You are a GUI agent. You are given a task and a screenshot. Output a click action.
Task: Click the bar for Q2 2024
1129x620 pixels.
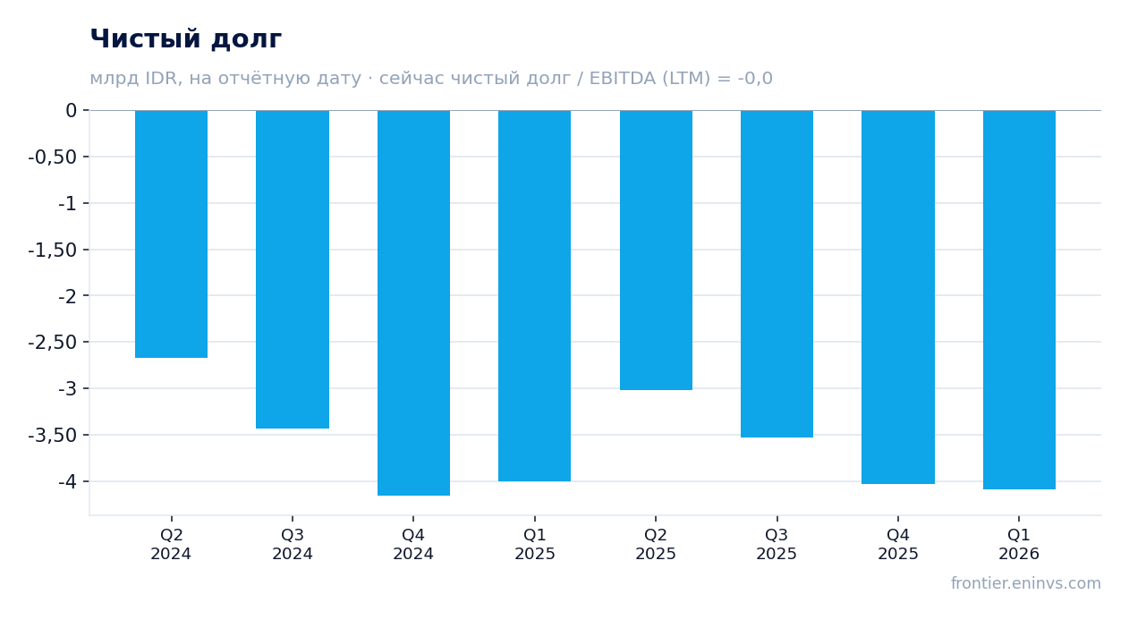(x=172, y=234)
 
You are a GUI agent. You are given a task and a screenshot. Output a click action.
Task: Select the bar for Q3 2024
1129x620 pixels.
(x=293, y=269)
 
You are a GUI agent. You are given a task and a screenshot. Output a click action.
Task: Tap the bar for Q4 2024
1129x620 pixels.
(x=414, y=303)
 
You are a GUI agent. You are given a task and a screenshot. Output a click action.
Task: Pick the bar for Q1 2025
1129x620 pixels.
(x=535, y=296)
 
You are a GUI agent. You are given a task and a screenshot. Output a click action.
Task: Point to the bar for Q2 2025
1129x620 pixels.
(x=657, y=250)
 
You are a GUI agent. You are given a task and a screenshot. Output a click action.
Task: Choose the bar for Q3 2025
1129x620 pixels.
(x=777, y=274)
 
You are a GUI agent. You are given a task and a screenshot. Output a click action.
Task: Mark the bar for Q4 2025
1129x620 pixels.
(x=898, y=297)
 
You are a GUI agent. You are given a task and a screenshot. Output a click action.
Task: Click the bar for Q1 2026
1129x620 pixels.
(x=1019, y=300)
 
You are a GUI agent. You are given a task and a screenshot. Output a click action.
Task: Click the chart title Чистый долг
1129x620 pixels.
(x=185, y=39)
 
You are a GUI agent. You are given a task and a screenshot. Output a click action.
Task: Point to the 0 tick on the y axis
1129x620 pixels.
(x=71, y=110)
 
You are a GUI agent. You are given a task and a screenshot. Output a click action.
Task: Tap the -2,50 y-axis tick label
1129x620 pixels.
(x=53, y=343)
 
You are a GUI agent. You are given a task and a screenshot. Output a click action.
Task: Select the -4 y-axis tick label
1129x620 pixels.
(x=67, y=481)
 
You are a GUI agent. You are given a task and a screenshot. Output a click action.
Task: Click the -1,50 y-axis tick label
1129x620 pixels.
(x=53, y=250)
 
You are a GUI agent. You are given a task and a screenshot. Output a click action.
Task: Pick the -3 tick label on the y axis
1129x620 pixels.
(x=67, y=388)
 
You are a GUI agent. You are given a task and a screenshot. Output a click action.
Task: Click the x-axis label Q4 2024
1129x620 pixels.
(x=413, y=544)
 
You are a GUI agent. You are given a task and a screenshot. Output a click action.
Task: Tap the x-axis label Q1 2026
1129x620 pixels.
(x=1019, y=544)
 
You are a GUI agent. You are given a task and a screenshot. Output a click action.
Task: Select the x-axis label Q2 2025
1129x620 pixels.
(x=655, y=544)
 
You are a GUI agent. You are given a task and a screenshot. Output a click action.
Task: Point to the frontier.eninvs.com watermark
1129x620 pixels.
(x=1026, y=583)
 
